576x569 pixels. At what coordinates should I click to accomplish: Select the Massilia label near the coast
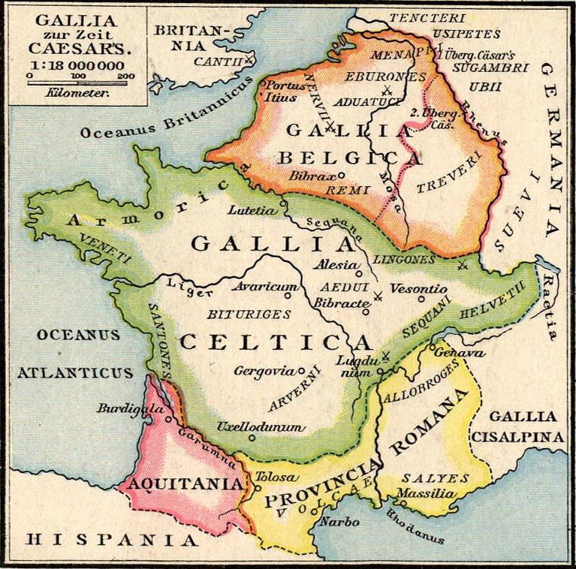tap(425, 493)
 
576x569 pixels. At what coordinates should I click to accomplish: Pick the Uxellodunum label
tap(261, 427)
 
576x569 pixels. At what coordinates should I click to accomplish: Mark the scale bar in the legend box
tap(80, 82)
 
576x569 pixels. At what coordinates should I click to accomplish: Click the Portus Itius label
tap(285, 91)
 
